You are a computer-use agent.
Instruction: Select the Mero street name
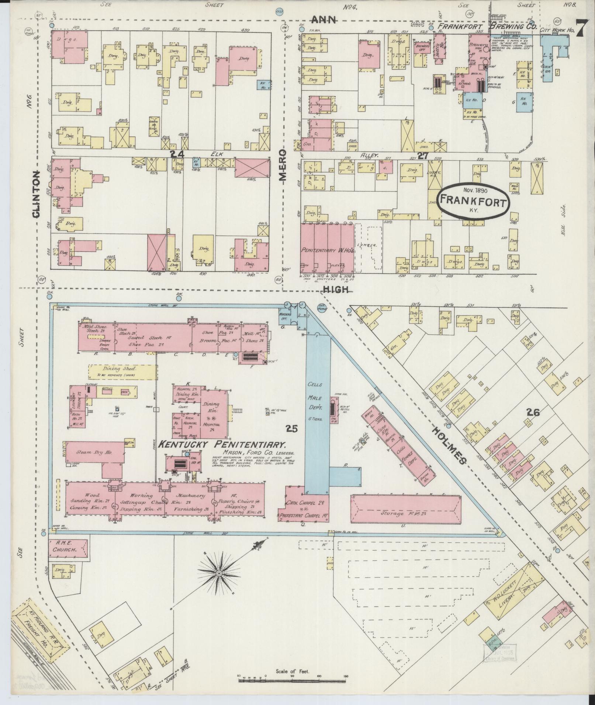pos(283,167)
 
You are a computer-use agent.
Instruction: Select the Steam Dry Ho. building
pos(94,452)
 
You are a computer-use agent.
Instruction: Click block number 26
pos(533,412)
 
